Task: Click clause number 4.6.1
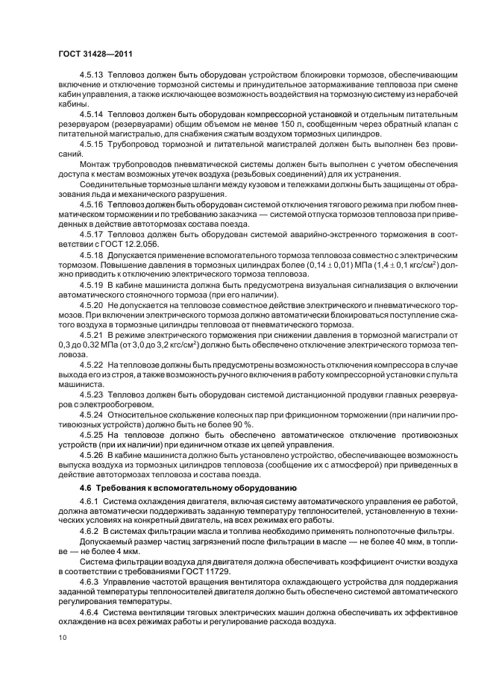pos(91,501)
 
